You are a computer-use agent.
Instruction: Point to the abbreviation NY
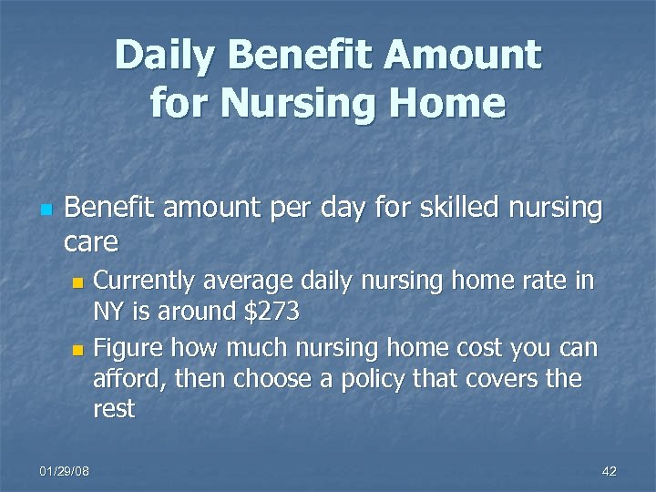tap(109, 312)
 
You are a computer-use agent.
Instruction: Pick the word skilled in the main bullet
tap(447, 208)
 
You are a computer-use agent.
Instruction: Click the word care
tap(91, 242)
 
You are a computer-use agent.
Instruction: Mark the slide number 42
tap(610, 470)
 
